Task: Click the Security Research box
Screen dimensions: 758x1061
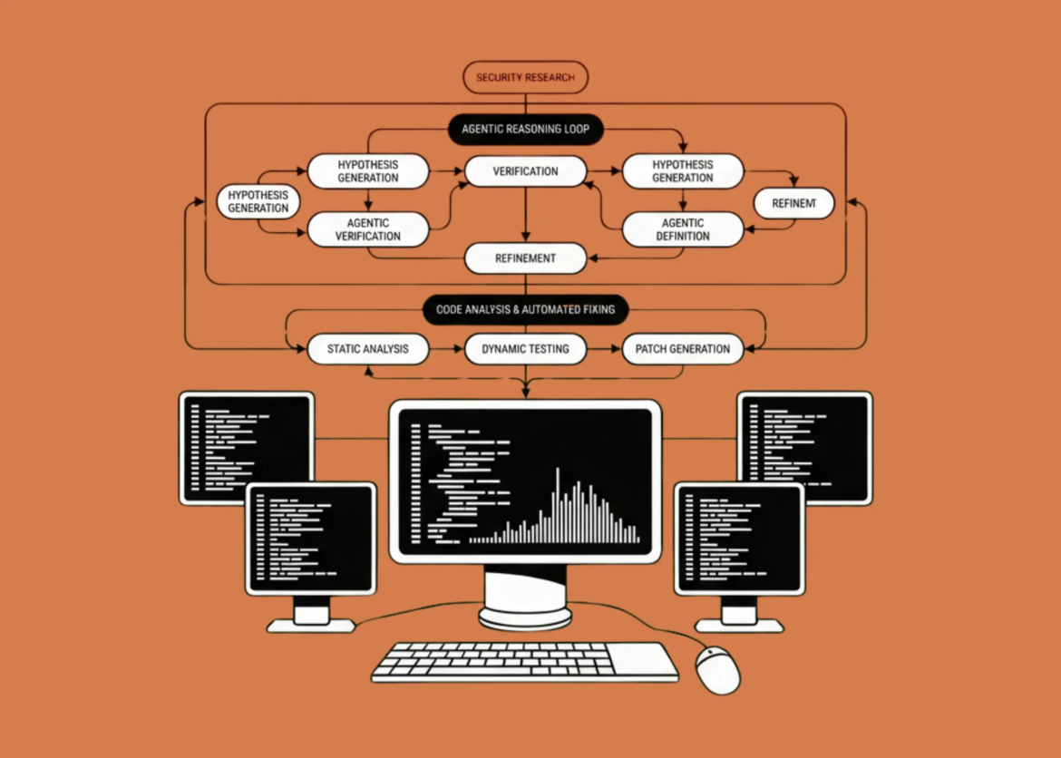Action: pos(525,78)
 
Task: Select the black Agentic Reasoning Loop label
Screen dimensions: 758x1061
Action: pos(525,130)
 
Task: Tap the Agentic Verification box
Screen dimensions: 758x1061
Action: pos(368,229)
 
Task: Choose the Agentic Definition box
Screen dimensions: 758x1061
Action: pos(683,229)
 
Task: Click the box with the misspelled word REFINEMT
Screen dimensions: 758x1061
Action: pos(793,204)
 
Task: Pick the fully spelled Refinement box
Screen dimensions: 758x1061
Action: pos(525,258)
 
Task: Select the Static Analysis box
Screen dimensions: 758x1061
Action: pos(367,349)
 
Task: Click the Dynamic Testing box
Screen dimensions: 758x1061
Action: pos(525,349)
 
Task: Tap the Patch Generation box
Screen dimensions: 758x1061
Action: pos(683,349)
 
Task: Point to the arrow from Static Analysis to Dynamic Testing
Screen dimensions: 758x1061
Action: pos(446,349)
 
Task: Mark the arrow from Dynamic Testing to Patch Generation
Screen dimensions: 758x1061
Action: pos(604,349)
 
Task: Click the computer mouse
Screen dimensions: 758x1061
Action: pos(717,671)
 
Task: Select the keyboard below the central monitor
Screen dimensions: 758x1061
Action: pos(524,662)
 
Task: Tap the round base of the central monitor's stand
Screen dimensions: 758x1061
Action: pos(525,617)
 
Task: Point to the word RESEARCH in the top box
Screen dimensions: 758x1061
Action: pos(548,78)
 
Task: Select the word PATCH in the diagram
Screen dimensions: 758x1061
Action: pos(652,349)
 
